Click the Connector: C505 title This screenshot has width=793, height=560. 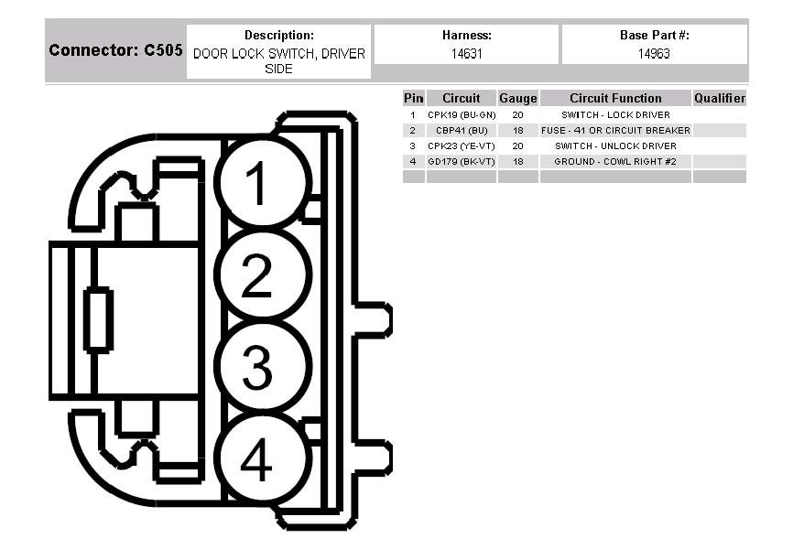point(115,50)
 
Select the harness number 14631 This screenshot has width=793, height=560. point(467,54)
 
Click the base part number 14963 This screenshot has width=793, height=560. point(654,54)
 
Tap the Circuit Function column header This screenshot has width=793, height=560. point(615,98)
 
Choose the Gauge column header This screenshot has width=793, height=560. point(517,98)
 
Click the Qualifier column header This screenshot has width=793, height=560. point(720,98)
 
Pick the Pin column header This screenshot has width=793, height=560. point(413,98)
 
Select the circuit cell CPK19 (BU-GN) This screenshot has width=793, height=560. point(462,115)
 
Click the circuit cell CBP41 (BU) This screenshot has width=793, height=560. point(462,131)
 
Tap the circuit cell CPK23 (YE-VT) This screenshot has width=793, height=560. point(462,146)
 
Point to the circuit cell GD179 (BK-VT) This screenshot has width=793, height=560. point(462,162)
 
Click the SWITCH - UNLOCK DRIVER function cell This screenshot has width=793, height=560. point(615,146)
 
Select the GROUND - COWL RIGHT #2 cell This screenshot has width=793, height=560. point(615,162)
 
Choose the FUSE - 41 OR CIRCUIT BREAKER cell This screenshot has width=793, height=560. point(615,131)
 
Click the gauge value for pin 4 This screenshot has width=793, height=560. point(517,162)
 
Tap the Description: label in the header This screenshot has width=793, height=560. point(278,35)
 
